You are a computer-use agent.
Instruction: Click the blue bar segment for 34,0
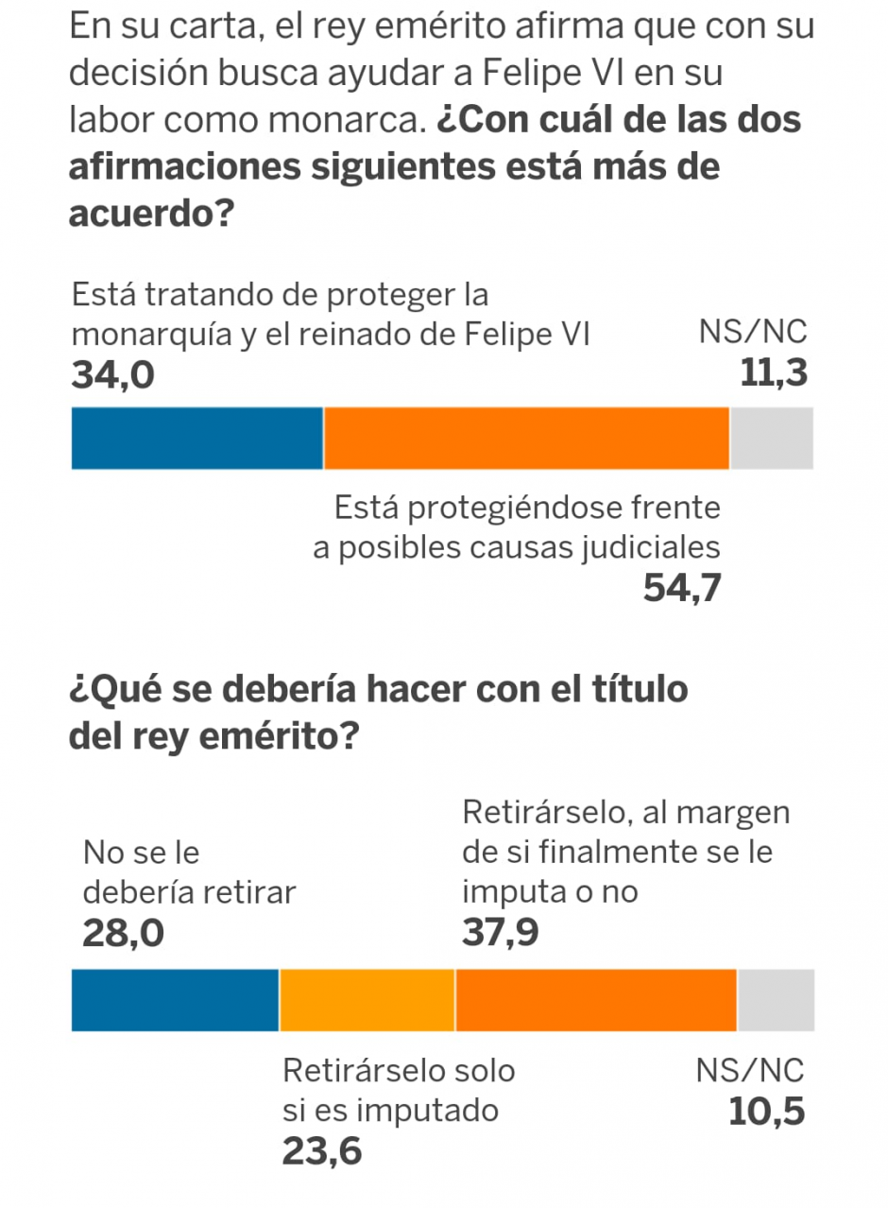[x=197, y=438]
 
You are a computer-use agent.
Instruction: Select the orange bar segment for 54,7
[x=526, y=438]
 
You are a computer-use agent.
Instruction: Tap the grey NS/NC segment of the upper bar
[x=772, y=438]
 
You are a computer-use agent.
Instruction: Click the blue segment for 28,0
[x=175, y=999]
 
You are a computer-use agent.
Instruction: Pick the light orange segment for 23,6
[x=367, y=999]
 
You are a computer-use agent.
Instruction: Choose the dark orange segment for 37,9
[x=596, y=999]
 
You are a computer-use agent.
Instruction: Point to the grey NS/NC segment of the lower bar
[x=776, y=999]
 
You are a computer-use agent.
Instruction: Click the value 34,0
[x=112, y=375]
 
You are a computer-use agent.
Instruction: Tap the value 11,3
[x=774, y=374]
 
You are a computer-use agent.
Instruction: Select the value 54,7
[x=682, y=588]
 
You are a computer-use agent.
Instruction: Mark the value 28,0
[x=123, y=934]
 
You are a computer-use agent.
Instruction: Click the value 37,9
[x=501, y=934]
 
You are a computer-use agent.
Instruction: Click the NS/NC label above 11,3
[x=753, y=334]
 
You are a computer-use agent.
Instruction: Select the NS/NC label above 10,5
[x=751, y=1071]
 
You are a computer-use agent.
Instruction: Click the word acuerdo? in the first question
[x=151, y=215]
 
